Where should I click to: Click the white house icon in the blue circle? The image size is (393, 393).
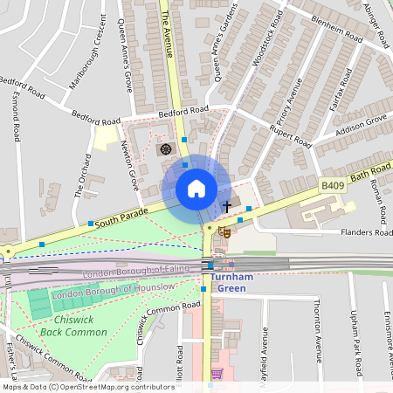(x=196, y=189)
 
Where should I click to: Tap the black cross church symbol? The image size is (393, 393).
(x=227, y=207)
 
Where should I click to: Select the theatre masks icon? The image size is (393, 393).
(x=224, y=233)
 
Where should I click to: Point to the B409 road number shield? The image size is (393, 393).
(x=332, y=185)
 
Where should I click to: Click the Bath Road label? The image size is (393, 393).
(x=371, y=173)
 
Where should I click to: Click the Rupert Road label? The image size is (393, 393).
(x=290, y=134)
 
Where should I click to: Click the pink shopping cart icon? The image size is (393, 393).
(x=217, y=373)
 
